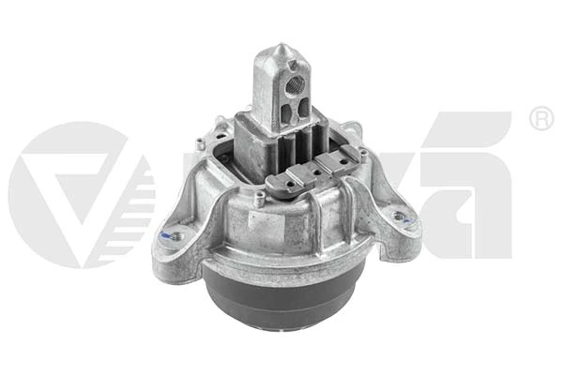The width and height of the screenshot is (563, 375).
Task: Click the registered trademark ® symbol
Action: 540,119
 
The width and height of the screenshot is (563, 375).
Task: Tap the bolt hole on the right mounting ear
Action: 401,217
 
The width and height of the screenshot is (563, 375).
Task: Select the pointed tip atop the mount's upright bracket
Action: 280,48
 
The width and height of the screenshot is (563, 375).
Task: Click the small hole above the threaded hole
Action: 293,65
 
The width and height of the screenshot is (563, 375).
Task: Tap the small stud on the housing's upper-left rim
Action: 201,142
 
